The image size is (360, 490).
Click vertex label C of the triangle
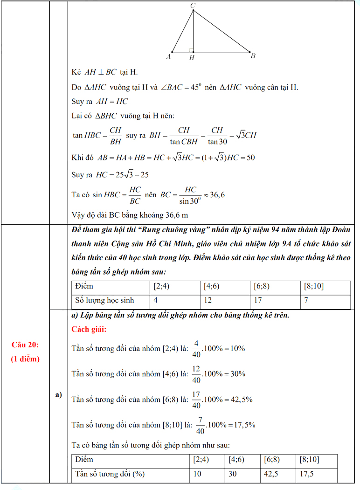(x=193, y=5)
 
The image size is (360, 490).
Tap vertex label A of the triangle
(x=168, y=57)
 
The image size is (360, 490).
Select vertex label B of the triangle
(x=253, y=56)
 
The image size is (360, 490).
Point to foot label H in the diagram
(x=192, y=58)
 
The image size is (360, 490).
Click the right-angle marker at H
(x=191, y=49)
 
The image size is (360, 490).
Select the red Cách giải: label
(x=89, y=330)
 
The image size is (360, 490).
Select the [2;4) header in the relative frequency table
(x=201, y=460)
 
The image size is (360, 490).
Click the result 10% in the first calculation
(x=236, y=348)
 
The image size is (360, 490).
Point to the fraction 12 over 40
(x=196, y=374)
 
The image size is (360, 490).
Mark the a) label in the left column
(x=58, y=395)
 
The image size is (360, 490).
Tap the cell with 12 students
(x=208, y=301)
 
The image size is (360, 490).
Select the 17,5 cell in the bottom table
(x=306, y=474)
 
